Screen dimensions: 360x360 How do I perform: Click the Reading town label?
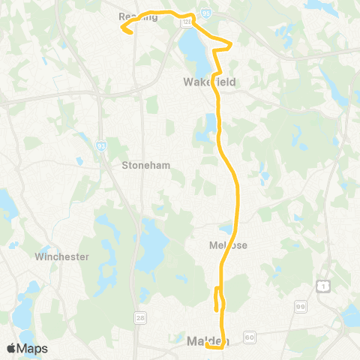tap(138, 16)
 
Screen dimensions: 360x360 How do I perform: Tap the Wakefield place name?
tap(202, 82)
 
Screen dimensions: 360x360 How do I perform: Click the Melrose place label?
tap(229, 245)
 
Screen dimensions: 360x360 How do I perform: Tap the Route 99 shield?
tap(300, 307)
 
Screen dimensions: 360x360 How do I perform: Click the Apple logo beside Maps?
tap(12, 348)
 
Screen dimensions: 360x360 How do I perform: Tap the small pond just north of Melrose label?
tap(226, 229)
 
